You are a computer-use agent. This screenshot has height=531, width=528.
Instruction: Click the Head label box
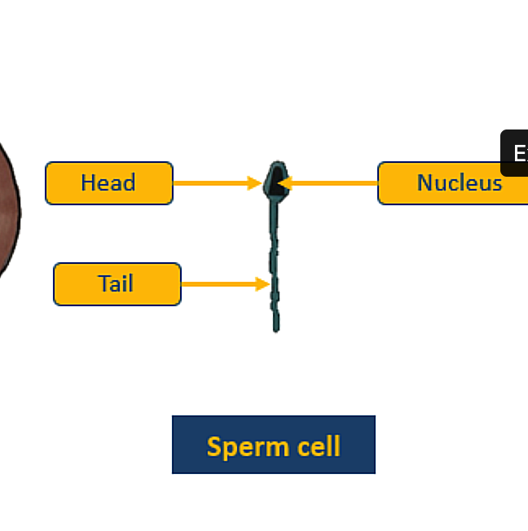click(x=109, y=183)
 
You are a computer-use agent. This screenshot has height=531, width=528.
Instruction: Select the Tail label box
click(x=117, y=284)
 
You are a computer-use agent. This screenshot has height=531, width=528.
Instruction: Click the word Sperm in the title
click(x=235, y=446)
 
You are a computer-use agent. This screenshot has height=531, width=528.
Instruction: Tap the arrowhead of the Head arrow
click(x=255, y=183)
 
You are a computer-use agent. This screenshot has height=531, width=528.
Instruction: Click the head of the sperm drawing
click(x=276, y=180)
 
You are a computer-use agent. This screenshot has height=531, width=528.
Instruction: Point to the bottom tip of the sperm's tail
click(x=276, y=328)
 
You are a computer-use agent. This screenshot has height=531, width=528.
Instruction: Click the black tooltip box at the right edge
click(x=515, y=153)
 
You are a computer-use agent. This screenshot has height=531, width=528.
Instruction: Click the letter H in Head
click(x=88, y=183)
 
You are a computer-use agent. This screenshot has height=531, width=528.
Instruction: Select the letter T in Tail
click(x=103, y=284)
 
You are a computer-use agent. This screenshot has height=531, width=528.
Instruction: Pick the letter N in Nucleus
click(x=425, y=183)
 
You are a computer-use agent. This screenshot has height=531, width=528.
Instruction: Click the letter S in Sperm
click(x=213, y=446)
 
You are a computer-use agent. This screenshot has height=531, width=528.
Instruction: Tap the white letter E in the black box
click(x=519, y=154)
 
